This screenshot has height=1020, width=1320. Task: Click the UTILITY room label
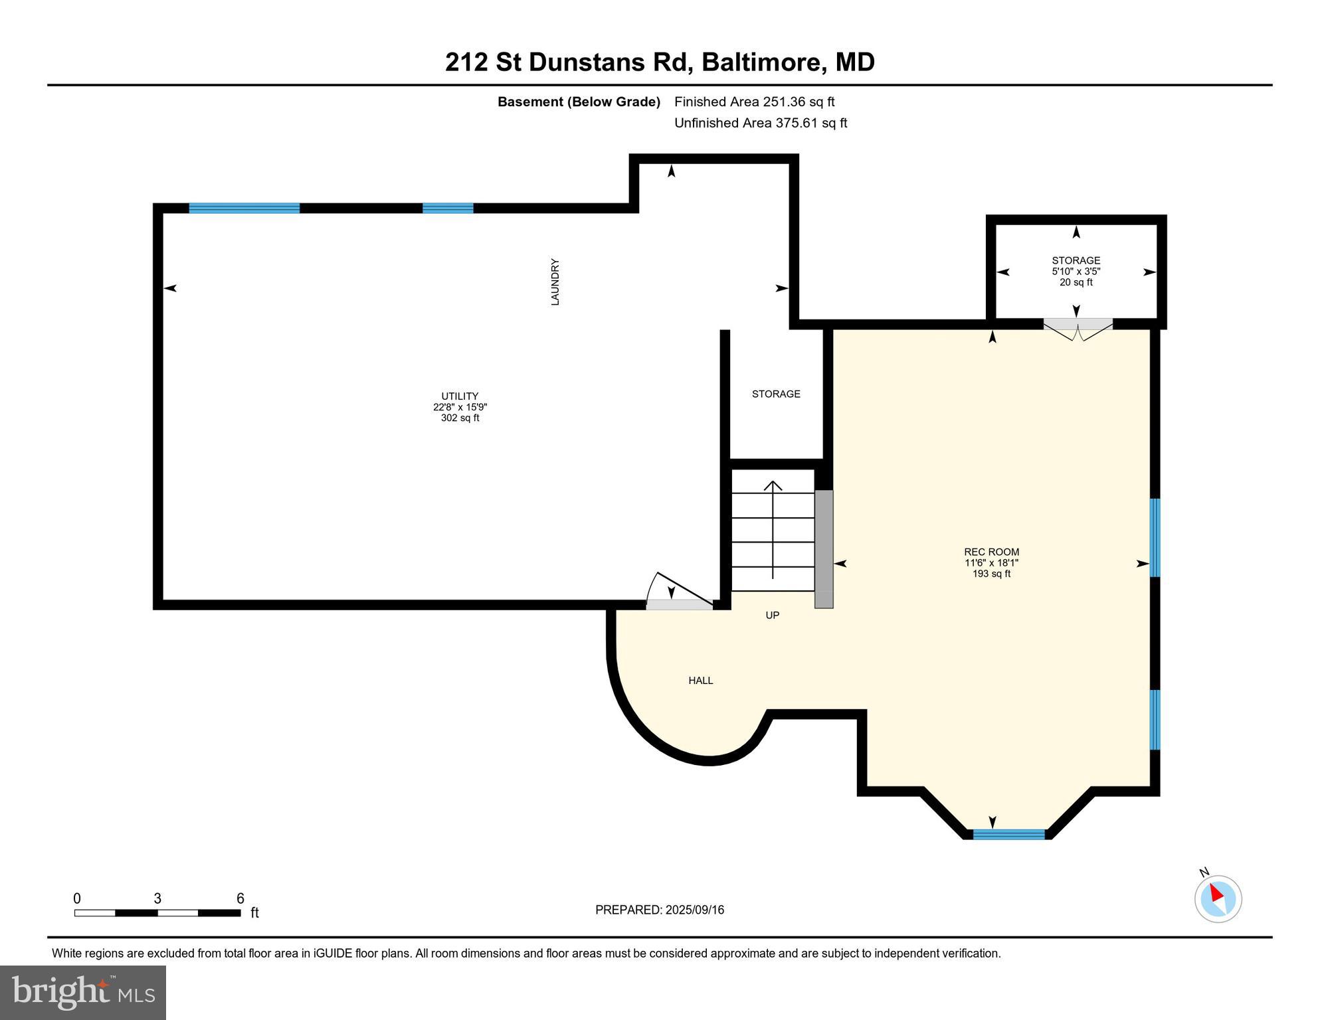click(460, 396)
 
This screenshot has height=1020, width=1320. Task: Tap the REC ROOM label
click(991, 552)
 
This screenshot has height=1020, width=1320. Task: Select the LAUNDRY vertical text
click(555, 282)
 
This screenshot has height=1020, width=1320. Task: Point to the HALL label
click(701, 681)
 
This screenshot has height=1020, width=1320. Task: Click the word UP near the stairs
click(772, 616)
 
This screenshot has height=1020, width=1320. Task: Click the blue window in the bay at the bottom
click(1009, 835)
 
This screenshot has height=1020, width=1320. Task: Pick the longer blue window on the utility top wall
click(244, 208)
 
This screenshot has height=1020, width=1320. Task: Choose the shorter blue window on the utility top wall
click(448, 208)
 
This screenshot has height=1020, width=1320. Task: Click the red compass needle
click(1216, 893)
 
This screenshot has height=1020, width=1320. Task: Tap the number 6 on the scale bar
click(240, 898)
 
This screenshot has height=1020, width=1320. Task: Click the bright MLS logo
click(83, 992)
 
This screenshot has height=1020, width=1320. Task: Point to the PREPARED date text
click(660, 910)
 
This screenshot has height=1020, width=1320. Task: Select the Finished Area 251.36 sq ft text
click(754, 102)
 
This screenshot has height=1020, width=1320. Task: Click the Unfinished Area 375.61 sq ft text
click(761, 123)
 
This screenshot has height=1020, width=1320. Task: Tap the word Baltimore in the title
click(764, 62)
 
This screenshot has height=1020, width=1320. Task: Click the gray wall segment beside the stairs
click(824, 549)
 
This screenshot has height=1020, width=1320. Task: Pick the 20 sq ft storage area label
click(1076, 282)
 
